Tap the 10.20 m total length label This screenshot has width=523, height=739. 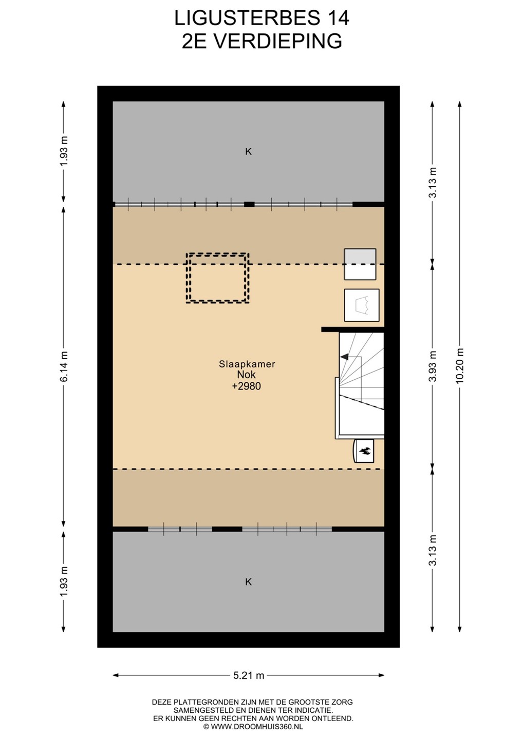coord(460,366)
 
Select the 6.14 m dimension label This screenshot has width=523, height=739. coord(64,366)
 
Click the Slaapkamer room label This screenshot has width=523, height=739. coord(247,364)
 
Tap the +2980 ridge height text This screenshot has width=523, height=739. coord(246,386)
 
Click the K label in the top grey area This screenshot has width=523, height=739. coord(248,151)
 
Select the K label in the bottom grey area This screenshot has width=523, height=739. coord(248,581)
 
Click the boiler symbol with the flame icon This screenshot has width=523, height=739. coord(364,451)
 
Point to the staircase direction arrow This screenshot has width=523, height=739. coord(344,357)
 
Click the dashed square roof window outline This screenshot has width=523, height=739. coord(217,278)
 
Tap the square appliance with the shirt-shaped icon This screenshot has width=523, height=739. coord(362,305)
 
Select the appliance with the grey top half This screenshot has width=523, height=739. coord(360,264)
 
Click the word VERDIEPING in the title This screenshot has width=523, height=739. coord(278,41)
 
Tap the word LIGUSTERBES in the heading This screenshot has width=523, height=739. coord(247,18)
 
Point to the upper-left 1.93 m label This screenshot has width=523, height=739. coord(64,151)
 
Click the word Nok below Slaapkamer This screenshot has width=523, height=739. coord(246,375)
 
